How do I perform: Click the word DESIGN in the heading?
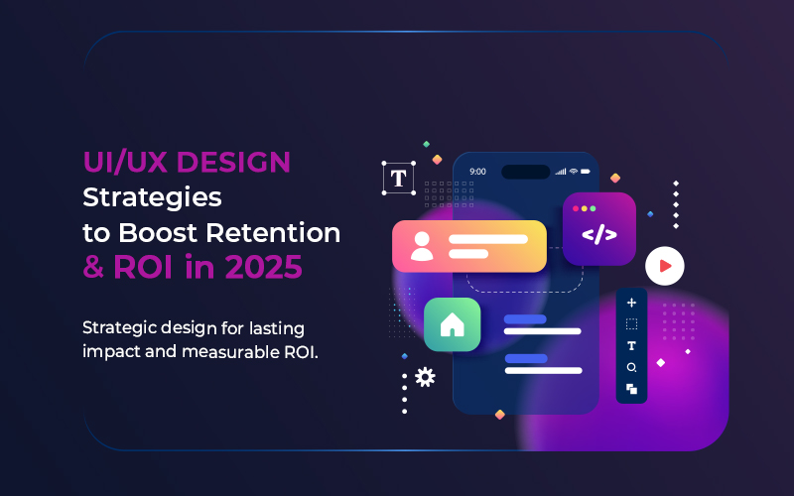pos(233,162)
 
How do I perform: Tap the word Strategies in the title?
pos(152,197)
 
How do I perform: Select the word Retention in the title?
pos(273,233)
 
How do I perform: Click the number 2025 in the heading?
pos(263,267)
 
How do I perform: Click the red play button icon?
pos(665,266)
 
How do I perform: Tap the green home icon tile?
pos(453,324)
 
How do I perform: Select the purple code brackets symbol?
pos(599,234)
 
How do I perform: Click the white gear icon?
pos(425,377)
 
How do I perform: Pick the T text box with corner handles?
pos(399,179)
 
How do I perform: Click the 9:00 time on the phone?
pos(477,172)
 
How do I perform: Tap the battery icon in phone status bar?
pos(586,172)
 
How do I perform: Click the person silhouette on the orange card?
pos(421,246)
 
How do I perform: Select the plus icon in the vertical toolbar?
pos(631,303)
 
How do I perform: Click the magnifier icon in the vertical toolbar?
pos(631,367)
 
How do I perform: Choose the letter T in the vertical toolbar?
pos(631,345)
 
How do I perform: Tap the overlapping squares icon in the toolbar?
pos(631,389)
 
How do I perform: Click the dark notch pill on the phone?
pos(526,172)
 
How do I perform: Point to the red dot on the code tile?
pos(576,208)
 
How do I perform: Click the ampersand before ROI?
pos(93,267)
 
